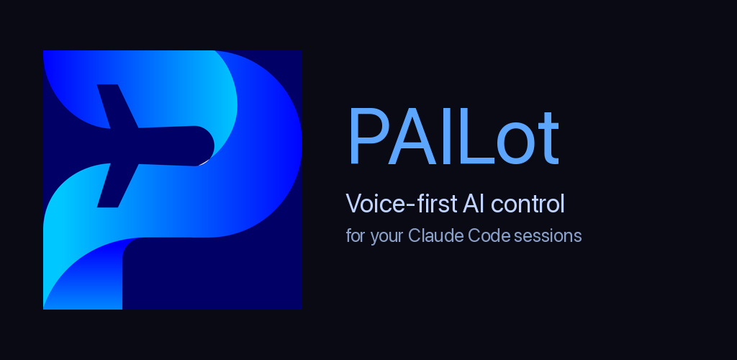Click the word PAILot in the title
click(x=453, y=136)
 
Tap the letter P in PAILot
click(x=368, y=136)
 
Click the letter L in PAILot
click(x=476, y=136)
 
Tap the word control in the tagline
click(x=528, y=204)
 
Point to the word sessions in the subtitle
click(x=548, y=236)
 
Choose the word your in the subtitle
click(x=386, y=237)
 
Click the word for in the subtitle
click(x=356, y=235)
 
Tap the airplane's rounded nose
click(x=205, y=145)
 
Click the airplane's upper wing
click(x=117, y=107)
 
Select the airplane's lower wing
click(x=117, y=186)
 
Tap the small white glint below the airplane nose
click(x=203, y=163)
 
